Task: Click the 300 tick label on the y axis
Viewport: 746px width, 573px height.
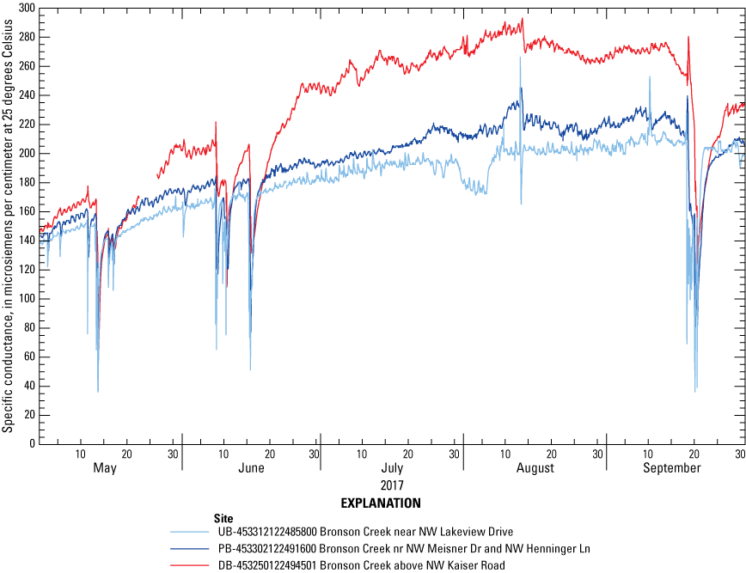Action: pos(25,8)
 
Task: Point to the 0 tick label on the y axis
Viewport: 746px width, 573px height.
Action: pos(31,443)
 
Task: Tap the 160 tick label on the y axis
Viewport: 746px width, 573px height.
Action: pos(25,211)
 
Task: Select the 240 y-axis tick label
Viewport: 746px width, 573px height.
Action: pos(25,94)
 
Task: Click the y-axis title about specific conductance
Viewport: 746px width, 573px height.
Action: pos(8,225)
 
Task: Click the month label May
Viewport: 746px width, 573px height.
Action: pos(104,468)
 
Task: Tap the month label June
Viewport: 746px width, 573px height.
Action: pos(251,468)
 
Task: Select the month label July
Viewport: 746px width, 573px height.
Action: pos(392,468)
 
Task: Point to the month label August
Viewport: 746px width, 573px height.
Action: pos(535,468)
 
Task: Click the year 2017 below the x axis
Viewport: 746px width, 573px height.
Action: pos(392,485)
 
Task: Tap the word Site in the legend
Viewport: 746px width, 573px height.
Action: pos(223,518)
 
